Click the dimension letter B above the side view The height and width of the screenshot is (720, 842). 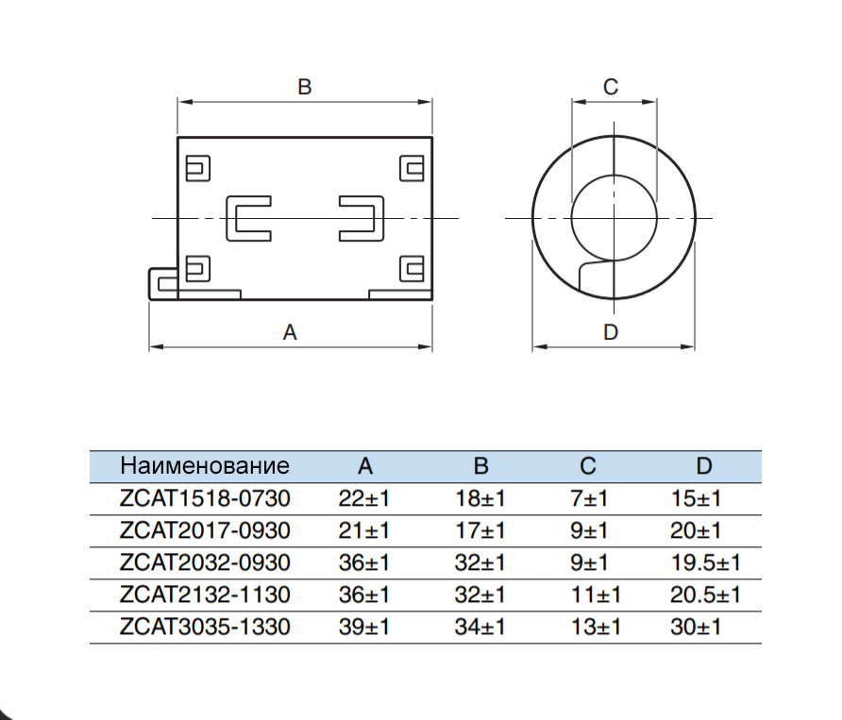click(304, 87)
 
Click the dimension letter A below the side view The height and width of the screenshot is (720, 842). click(291, 332)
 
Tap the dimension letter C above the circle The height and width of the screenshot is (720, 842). click(611, 87)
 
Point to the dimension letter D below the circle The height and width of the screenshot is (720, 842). click(611, 332)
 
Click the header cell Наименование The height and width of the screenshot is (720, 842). click(205, 466)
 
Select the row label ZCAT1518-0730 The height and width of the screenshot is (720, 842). click(205, 498)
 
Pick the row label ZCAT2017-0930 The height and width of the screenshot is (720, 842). click(205, 530)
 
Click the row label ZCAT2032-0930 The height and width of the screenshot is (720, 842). click(205, 562)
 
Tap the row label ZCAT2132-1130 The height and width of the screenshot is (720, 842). click(205, 594)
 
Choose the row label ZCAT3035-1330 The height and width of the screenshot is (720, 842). click(205, 627)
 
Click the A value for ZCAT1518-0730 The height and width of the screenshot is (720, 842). click(364, 498)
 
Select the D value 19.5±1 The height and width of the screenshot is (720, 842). click(705, 562)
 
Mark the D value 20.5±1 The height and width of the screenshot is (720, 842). click(705, 594)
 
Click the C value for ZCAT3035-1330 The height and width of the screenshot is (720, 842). click(596, 627)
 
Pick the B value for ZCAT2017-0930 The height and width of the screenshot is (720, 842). click(480, 530)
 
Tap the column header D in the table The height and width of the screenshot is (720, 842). click(704, 466)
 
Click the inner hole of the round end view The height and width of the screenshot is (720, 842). click(614, 218)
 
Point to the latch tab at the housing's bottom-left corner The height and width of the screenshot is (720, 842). click(162, 282)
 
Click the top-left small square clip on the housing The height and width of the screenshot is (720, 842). click(197, 168)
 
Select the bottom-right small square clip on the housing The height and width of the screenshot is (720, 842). click(412, 269)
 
